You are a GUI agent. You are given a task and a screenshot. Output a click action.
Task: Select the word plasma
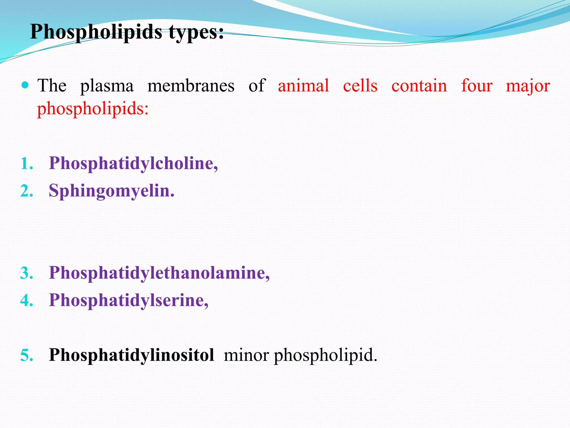pos(107,86)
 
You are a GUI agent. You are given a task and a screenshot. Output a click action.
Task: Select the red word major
pos(528,86)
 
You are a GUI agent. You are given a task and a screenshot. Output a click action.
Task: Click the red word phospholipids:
pos(93,109)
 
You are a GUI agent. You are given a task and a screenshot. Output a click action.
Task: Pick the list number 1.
pos(27,164)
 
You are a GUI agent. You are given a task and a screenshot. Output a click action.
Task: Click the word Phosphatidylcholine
pos(133,163)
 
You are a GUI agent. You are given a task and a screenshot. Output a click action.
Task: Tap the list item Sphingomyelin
pos(111,191)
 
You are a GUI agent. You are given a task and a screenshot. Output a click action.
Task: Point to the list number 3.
pos(27,273)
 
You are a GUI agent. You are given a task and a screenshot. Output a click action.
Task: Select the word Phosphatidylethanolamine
pos(159,273)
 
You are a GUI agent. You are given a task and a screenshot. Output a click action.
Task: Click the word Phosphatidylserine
pos(128,300)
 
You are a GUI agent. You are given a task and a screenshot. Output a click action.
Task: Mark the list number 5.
pos(27,356)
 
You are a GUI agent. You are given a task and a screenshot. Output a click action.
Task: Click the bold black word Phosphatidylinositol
pos(131,355)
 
